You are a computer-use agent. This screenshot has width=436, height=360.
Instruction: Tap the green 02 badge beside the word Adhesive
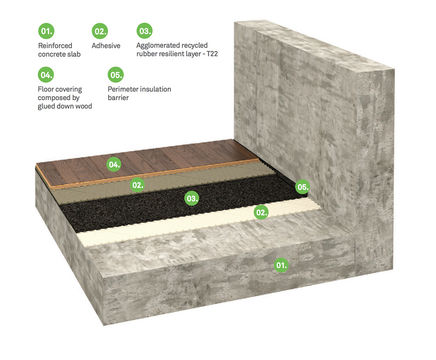(100, 31)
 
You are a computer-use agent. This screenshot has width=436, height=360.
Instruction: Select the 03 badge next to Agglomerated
(145, 31)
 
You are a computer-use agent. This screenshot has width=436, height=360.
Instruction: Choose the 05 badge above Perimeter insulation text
(116, 74)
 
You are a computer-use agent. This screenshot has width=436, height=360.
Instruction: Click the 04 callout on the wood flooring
(114, 162)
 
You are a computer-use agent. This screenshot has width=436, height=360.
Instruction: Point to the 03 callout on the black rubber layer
(192, 198)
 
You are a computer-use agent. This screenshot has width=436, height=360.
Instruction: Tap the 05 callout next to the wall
(302, 186)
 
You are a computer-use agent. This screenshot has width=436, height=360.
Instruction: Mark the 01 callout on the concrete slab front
(281, 265)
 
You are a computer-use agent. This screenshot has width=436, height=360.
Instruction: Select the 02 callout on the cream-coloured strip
(261, 212)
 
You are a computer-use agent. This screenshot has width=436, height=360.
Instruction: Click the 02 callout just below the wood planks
(138, 184)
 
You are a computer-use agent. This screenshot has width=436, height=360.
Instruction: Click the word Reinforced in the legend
(59, 46)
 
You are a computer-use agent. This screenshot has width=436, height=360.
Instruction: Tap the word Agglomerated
(164, 46)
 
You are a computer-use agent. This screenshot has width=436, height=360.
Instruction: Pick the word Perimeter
(126, 89)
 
